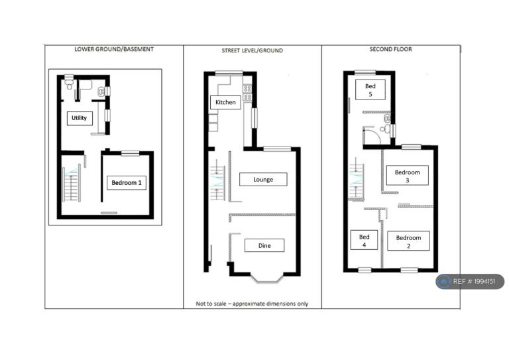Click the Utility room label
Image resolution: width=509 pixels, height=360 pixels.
[80, 118]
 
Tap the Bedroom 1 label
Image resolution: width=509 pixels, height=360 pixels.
[127, 183]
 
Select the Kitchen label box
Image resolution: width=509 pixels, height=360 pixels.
[225, 102]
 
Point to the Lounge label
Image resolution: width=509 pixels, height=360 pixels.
[263, 180]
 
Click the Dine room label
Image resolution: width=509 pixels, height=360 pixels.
[264, 245]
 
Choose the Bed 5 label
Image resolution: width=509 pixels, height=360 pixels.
[370, 90]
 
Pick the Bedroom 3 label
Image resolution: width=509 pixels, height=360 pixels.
[407, 176]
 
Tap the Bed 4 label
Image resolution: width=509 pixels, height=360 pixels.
[364, 240]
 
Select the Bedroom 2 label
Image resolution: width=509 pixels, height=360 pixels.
[408, 241]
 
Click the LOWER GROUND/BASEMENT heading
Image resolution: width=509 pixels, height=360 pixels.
[114, 49]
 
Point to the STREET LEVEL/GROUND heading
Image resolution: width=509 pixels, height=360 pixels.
[253, 50]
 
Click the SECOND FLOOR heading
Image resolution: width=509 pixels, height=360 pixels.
[390, 49]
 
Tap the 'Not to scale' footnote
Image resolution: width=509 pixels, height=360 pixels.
[252, 304]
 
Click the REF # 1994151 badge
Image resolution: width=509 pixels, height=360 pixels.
[470, 282]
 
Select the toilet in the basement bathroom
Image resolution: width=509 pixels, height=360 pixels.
[69, 82]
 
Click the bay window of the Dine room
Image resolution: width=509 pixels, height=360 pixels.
[267, 278]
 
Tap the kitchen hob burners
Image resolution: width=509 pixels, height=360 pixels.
[247, 93]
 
